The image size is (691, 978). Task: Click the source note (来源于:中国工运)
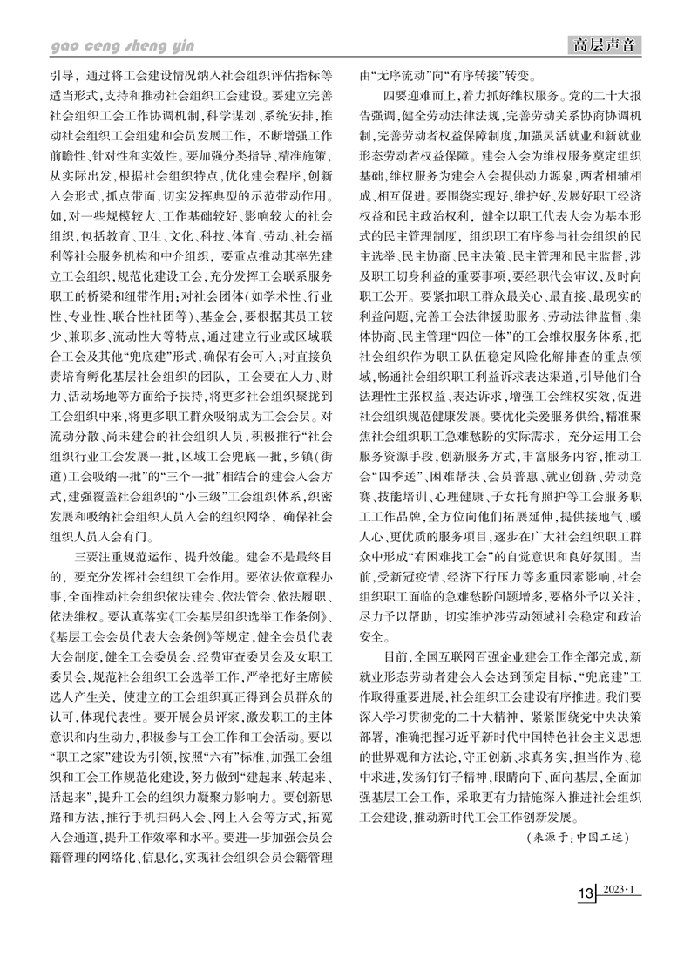click(578, 859)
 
